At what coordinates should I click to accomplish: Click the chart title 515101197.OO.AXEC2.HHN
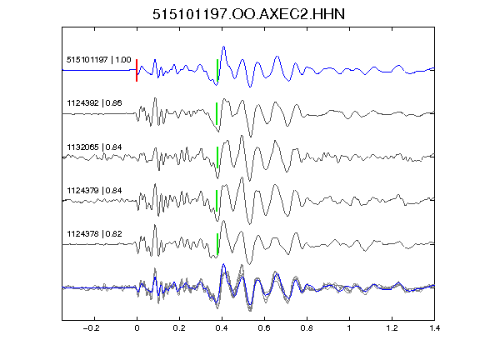[248, 14]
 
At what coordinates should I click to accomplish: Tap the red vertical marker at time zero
[137, 70]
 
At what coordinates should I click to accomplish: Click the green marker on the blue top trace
[217, 71]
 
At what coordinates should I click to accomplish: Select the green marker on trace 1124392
[217, 113]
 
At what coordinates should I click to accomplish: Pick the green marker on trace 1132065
[217, 157]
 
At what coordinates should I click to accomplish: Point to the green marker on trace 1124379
[217, 201]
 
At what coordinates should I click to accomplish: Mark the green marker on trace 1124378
[217, 244]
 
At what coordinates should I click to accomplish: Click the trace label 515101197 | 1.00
[99, 60]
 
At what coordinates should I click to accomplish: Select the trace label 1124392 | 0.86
[94, 103]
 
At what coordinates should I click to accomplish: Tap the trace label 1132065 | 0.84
[94, 147]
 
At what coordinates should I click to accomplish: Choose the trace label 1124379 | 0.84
[94, 191]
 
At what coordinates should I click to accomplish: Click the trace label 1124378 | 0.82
[94, 234]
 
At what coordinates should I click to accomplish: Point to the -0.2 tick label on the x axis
[91, 328]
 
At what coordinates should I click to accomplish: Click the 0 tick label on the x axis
[137, 328]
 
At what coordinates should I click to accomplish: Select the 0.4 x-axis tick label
[222, 328]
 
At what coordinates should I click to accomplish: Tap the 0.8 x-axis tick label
[307, 328]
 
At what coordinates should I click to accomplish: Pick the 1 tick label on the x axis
[349, 328]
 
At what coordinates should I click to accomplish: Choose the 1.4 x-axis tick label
[434, 328]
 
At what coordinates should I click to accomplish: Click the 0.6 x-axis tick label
[264, 328]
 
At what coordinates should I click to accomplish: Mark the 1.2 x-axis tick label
[392, 328]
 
